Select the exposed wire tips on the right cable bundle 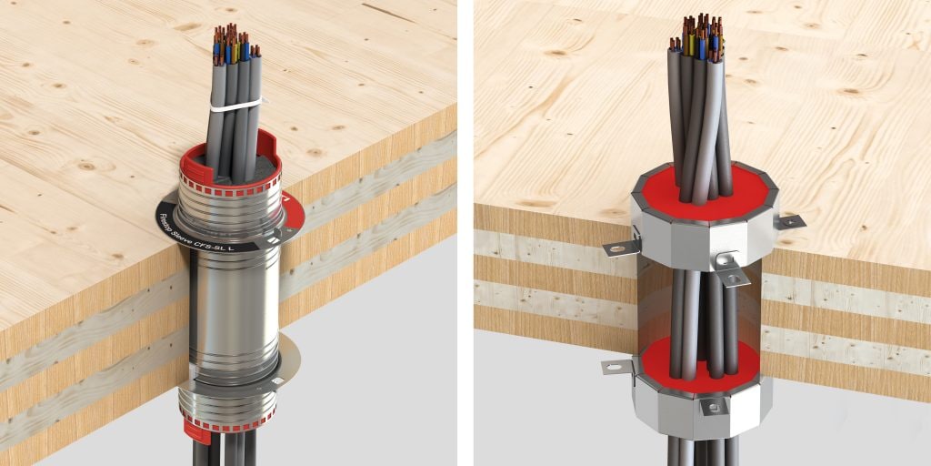point(698,33)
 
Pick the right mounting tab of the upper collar point(787,220)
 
